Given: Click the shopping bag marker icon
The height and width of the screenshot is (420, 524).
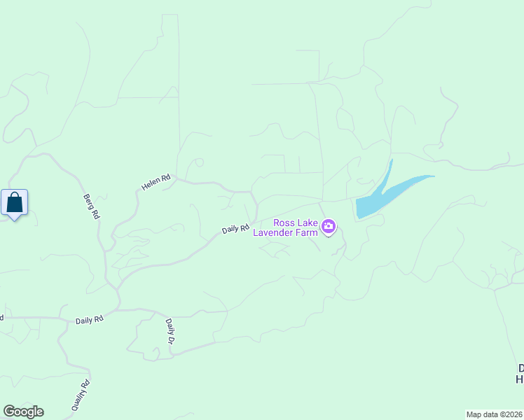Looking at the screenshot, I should [15, 203].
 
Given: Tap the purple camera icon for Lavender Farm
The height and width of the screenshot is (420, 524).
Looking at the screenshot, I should [329, 226].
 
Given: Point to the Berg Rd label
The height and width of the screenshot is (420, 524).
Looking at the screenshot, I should [91, 206].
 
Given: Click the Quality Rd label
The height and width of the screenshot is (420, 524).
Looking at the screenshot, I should [81, 395].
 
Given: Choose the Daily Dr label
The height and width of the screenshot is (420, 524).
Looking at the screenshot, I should [170, 330].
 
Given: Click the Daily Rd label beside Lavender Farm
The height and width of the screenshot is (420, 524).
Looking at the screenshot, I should [236, 229].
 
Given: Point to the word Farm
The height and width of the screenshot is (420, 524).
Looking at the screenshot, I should [309, 232].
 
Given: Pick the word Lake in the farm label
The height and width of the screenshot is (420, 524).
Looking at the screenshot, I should [306, 223].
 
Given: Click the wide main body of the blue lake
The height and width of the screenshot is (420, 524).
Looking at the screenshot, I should [371, 204].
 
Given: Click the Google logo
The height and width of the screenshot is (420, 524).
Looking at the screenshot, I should [23, 412].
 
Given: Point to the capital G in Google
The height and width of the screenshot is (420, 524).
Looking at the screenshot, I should [8, 412].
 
